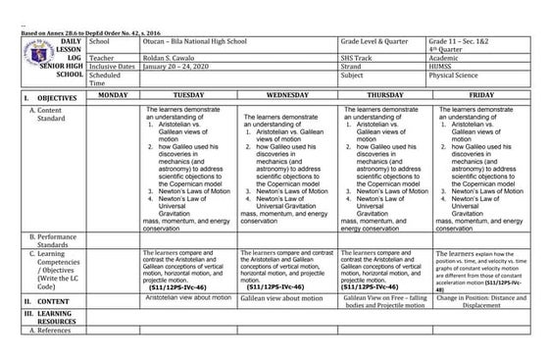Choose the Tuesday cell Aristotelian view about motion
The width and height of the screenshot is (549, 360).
pyautogui.click(x=187, y=295)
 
